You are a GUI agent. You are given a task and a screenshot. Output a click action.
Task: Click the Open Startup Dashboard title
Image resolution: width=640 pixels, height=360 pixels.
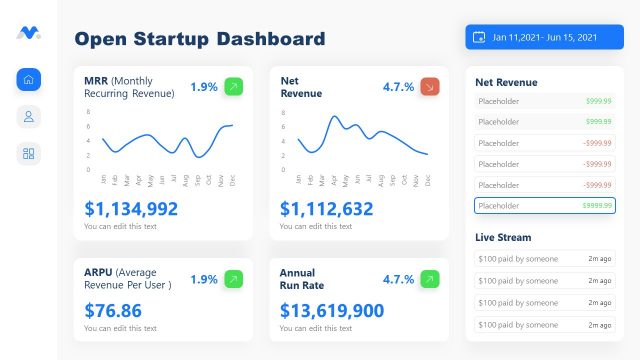(x=200, y=39)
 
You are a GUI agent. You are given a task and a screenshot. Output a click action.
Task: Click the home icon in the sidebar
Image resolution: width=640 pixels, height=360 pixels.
(x=29, y=79)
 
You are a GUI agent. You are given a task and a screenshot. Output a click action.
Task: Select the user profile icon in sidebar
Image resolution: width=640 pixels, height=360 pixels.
(x=29, y=116)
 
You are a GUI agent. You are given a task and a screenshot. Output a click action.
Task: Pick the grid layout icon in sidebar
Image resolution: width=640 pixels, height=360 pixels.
(x=29, y=153)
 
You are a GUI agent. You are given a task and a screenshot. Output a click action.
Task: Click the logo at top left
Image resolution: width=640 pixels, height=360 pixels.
(x=28, y=33)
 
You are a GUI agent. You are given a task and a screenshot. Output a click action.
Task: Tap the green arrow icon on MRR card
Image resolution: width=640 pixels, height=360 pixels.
(x=233, y=87)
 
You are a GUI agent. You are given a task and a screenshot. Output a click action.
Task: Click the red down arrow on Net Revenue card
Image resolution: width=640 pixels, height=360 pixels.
(x=430, y=87)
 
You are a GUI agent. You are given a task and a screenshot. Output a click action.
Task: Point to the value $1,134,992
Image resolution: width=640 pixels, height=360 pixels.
(x=131, y=209)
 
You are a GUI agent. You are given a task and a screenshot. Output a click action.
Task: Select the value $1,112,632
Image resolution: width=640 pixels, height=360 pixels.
(x=327, y=209)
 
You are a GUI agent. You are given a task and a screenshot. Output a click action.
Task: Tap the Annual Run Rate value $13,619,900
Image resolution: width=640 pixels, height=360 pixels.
(x=332, y=310)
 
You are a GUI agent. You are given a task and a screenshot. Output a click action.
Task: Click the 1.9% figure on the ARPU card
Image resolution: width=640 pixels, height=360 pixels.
(x=204, y=279)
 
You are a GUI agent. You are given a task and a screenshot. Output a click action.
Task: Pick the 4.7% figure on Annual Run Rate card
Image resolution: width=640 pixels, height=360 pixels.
(x=398, y=279)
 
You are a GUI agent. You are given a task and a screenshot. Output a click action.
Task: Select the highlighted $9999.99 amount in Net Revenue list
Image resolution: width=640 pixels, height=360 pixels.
(x=596, y=205)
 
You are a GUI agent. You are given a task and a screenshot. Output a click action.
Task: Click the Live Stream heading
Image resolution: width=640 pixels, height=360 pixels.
(x=503, y=237)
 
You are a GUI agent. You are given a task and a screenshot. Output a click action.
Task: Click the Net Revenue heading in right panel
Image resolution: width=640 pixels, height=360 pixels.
(x=507, y=82)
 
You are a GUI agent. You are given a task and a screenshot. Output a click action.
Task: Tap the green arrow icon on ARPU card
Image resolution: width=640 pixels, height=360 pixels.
(x=233, y=279)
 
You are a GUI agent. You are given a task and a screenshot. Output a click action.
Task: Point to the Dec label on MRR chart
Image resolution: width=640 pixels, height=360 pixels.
(x=232, y=180)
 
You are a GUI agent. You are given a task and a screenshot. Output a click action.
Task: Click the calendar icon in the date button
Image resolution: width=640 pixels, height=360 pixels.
(x=480, y=38)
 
